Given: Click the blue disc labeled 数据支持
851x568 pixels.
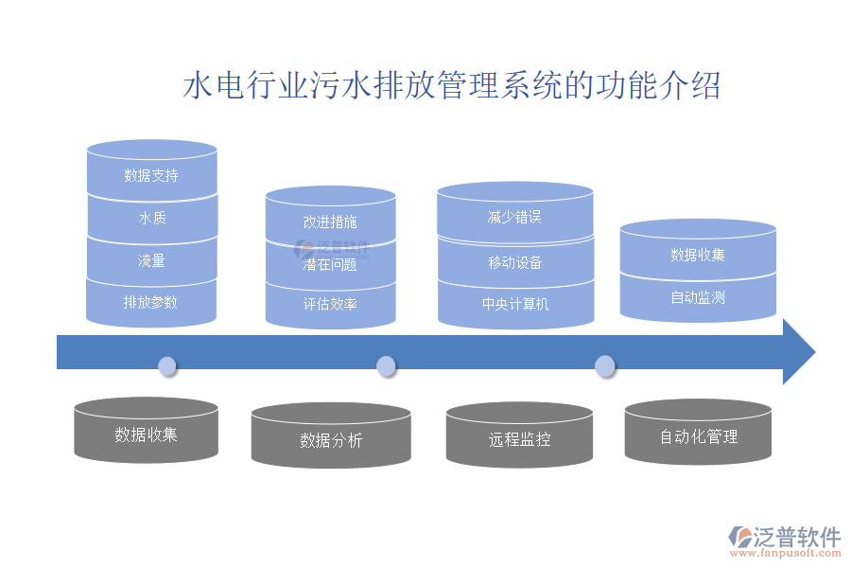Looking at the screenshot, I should point(151,175).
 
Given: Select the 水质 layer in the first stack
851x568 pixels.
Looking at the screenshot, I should point(151,219).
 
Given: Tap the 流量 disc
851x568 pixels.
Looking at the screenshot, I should point(151,260).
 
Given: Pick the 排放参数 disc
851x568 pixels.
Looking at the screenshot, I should point(151,303).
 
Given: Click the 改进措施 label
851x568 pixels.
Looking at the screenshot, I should point(330,222).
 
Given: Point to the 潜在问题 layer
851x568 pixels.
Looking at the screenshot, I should point(330,264).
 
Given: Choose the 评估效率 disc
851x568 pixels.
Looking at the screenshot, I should point(330,305).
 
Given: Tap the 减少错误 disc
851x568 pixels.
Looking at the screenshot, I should point(515,217).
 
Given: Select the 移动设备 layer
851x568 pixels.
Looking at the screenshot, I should point(515,262).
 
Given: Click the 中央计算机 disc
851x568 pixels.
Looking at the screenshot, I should point(515,304).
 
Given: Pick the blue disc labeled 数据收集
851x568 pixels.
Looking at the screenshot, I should point(698,255).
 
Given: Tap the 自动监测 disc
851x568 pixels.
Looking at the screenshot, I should point(698,297).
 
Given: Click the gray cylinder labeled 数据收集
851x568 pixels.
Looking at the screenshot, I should point(147,435).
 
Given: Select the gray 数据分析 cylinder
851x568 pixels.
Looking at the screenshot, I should point(331,440).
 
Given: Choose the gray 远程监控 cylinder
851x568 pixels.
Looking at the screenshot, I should point(519,439).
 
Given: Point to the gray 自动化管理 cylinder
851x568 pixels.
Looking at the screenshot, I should point(699,436).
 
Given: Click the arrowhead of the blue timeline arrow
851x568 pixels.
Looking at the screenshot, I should point(798,352).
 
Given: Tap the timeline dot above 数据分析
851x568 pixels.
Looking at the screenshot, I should point(386,366).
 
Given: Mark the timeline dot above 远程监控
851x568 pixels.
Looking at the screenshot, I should point(604,366).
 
